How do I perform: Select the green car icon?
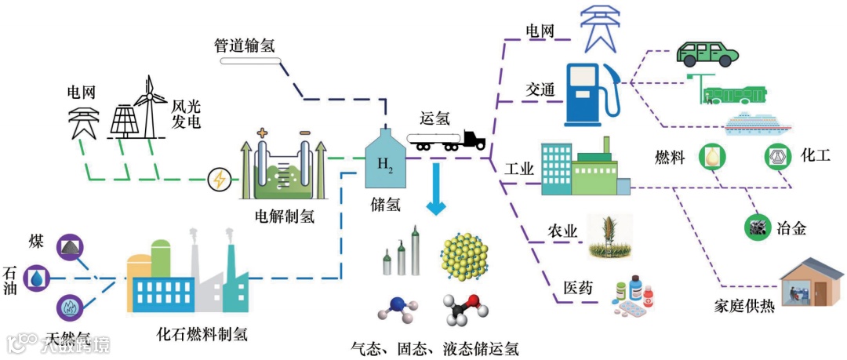click(707, 53)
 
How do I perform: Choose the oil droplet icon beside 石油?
click(37, 278)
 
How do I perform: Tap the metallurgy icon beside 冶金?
click(756, 227)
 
